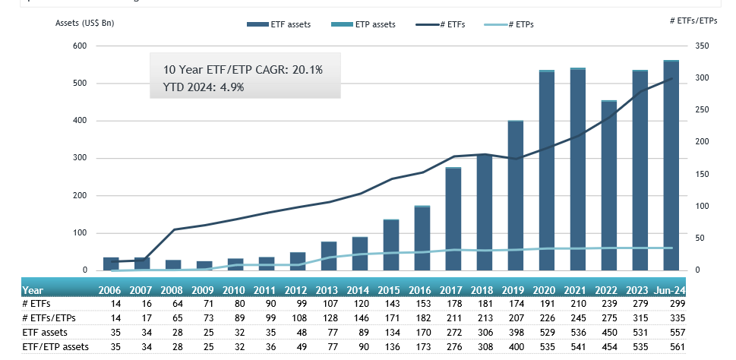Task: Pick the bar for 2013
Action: [329, 256]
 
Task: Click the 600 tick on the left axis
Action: [80, 46]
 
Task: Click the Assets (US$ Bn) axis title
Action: [85, 22]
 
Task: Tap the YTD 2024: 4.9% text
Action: [204, 87]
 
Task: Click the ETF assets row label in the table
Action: [44, 331]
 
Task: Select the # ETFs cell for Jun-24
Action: [671, 303]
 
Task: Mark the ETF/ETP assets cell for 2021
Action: [578, 346]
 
